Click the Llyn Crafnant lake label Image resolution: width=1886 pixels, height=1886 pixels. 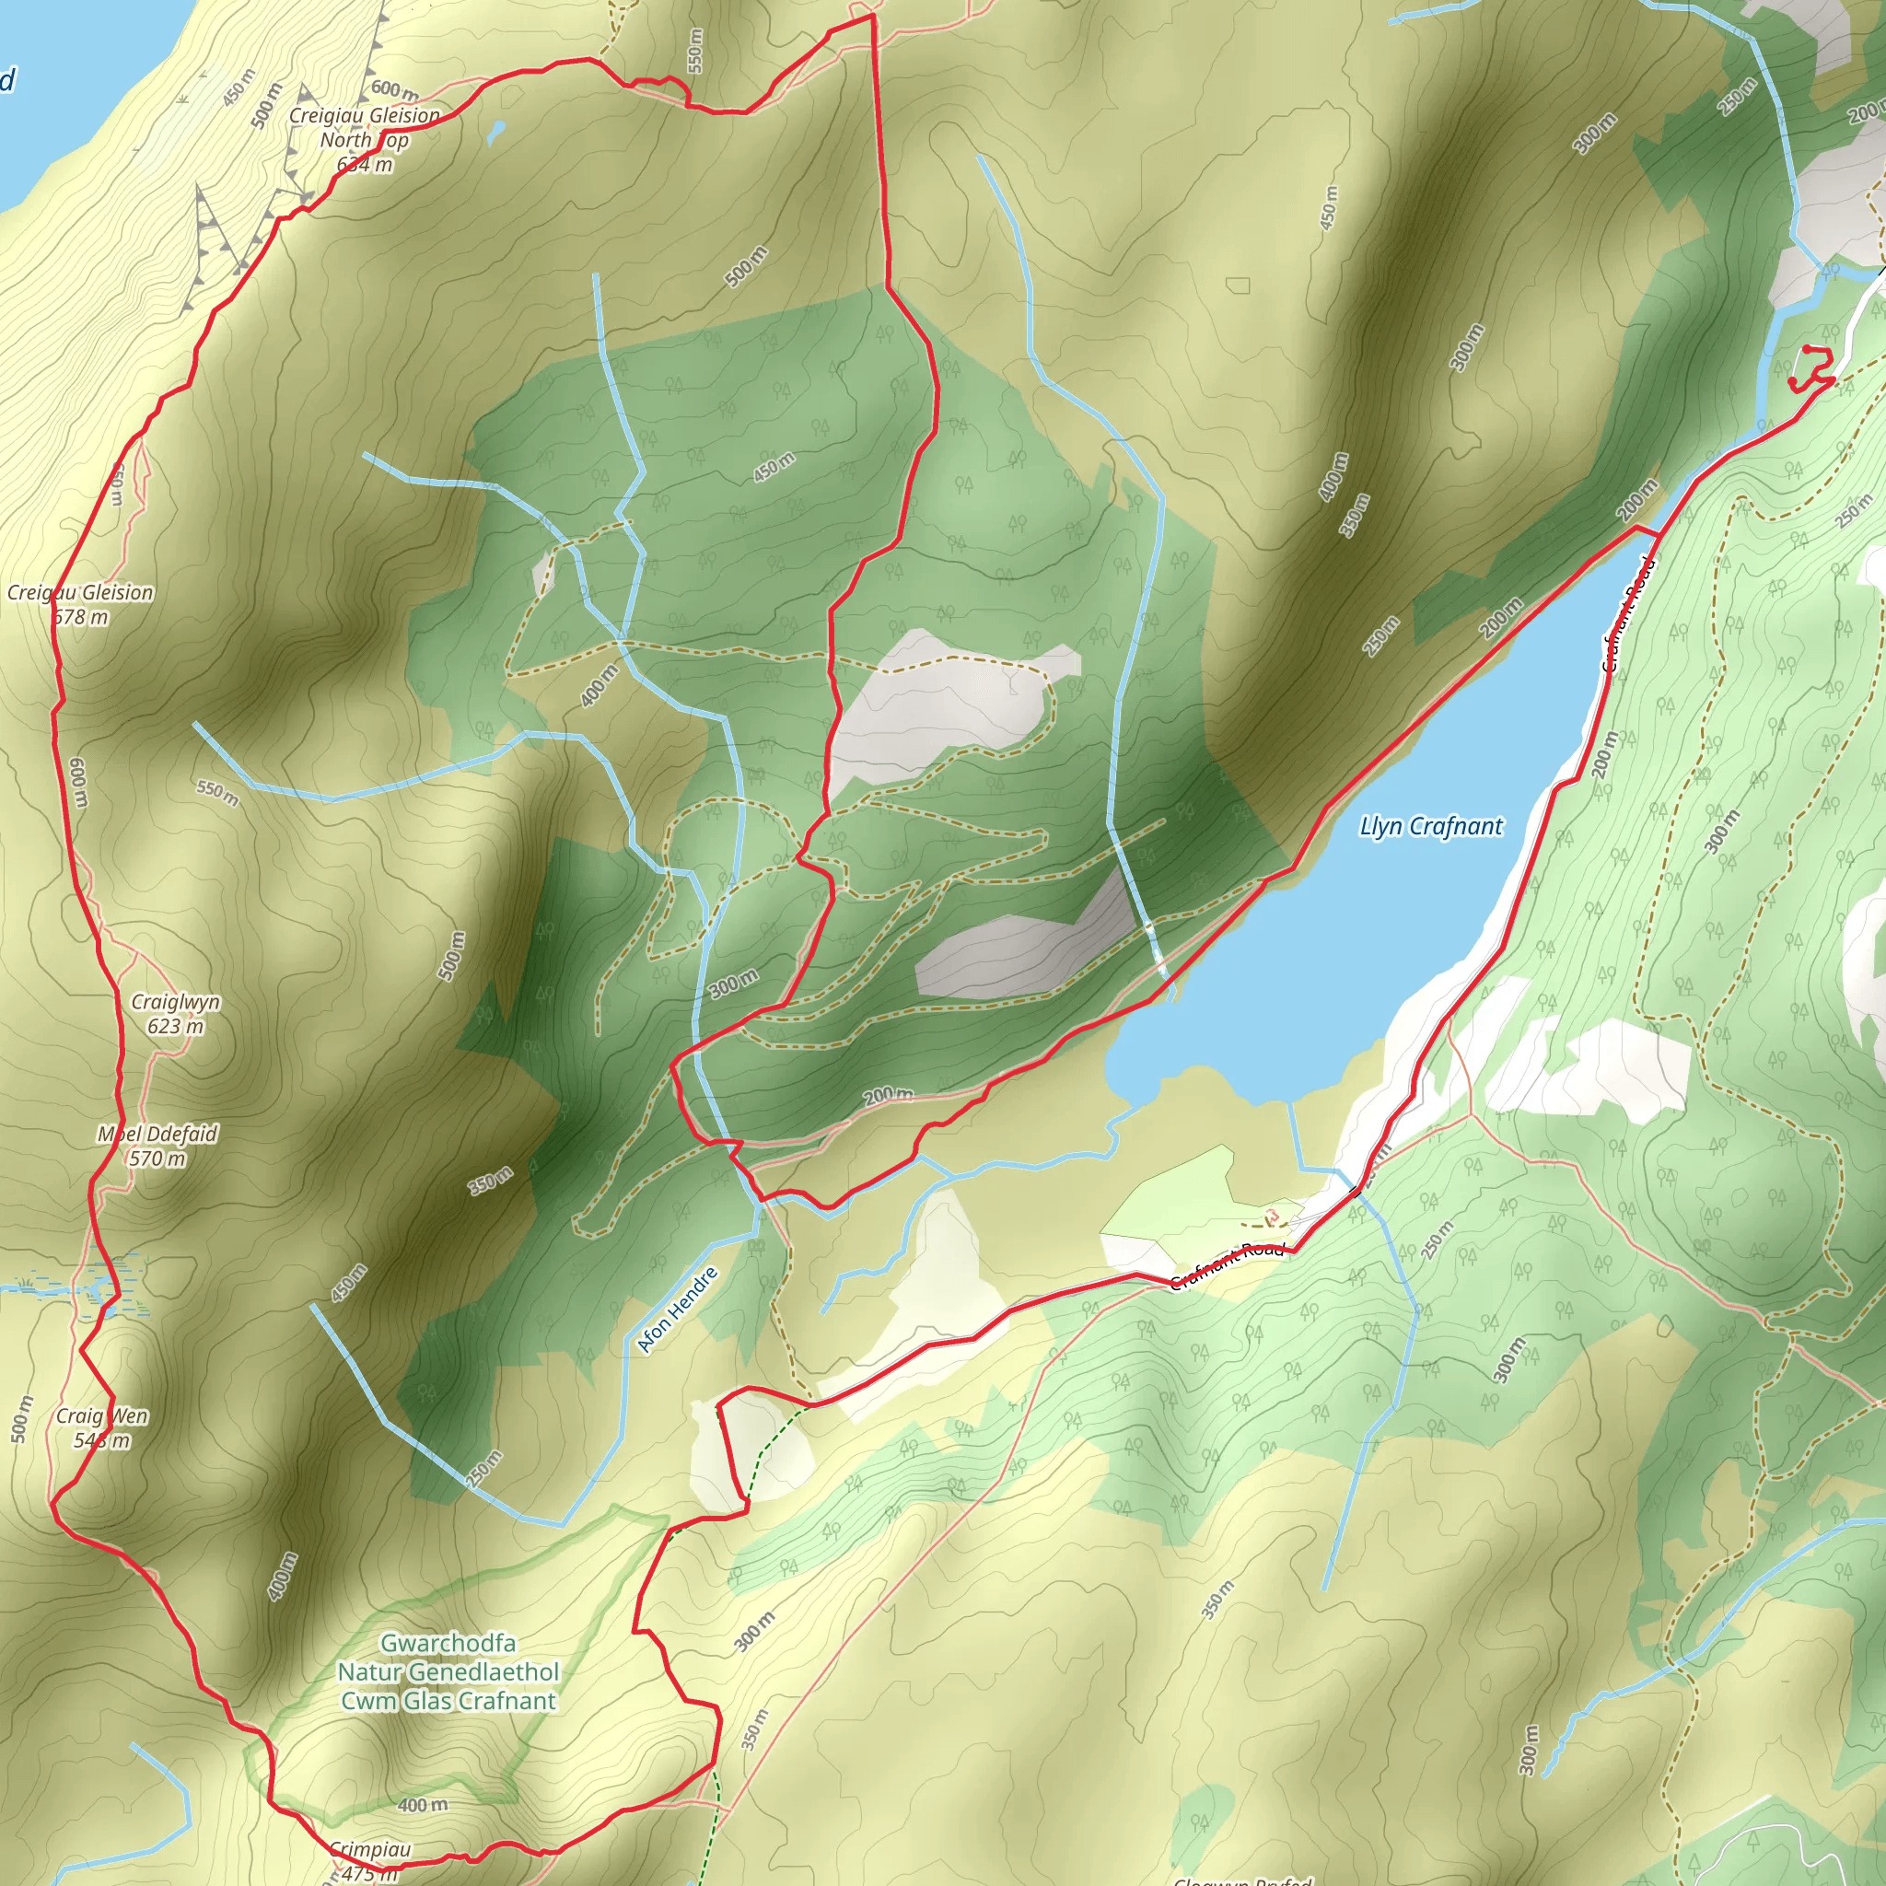click(1431, 827)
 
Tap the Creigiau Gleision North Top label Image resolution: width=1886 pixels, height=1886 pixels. click(364, 140)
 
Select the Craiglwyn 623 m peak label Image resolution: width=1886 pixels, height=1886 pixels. click(176, 1013)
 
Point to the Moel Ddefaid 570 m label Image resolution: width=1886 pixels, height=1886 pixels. click(157, 1146)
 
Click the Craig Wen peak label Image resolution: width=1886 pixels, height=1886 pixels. click(101, 1427)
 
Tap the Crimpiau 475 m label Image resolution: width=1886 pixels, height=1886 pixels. click(369, 1860)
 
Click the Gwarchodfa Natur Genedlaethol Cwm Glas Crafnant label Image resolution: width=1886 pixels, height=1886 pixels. click(448, 1672)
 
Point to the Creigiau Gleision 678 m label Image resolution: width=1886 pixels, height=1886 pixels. click(80, 604)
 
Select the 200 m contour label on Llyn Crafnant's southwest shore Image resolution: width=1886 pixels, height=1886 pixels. click(889, 1095)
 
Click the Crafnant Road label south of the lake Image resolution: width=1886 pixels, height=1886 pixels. click(1227, 1266)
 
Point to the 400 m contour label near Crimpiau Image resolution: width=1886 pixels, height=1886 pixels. click(423, 1805)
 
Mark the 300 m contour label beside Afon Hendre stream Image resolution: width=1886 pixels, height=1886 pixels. click(733, 984)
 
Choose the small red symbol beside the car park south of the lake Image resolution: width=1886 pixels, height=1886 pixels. click(1271, 1217)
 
